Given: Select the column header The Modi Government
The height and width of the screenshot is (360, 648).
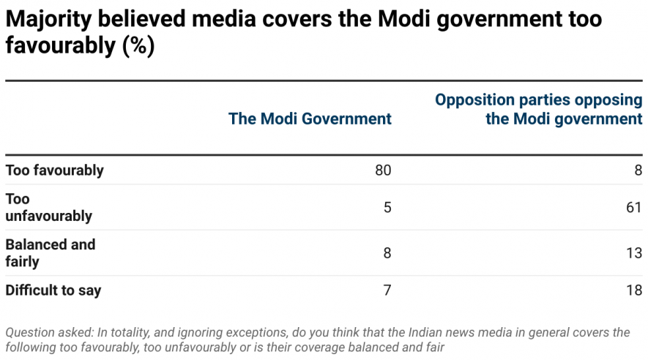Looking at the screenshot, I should (x=310, y=119).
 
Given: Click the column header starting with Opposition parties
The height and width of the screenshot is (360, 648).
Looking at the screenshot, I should (x=539, y=109).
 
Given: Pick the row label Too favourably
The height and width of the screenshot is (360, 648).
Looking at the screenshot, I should (x=54, y=170).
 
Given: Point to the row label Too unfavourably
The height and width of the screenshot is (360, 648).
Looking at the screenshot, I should (x=48, y=207).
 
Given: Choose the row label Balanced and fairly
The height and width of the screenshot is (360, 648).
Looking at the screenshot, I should (x=50, y=253).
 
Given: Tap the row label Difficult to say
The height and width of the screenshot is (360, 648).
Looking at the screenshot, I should (x=53, y=290).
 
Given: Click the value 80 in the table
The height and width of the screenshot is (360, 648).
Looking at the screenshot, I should (x=383, y=170).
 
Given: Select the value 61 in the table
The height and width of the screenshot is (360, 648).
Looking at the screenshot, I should (x=634, y=208).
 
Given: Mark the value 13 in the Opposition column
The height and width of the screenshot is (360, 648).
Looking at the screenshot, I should (x=634, y=253).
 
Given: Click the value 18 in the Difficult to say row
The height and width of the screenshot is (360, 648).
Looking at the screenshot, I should (x=634, y=290).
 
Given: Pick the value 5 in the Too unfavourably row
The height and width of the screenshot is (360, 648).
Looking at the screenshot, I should (x=387, y=208).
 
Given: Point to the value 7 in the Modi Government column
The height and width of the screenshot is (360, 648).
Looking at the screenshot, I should (x=387, y=290).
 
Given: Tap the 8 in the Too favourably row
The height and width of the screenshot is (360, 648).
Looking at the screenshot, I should (x=638, y=170).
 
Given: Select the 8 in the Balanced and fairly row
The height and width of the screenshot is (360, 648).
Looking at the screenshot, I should (x=387, y=253).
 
